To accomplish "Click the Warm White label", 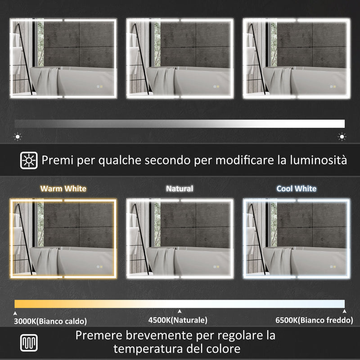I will click(x=63, y=189).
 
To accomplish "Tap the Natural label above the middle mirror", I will click(x=180, y=189).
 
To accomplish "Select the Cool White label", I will click(x=296, y=189).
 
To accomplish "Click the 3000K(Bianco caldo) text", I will click(x=50, y=321).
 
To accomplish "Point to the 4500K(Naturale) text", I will click(x=178, y=320).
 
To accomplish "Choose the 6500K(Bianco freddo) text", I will click(x=314, y=320).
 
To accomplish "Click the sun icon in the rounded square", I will click(x=29, y=160).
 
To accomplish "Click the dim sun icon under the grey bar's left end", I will click(x=18, y=136).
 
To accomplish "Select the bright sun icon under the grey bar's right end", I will click(x=342, y=136).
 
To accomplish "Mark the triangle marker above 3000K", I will click(x=15, y=312).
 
